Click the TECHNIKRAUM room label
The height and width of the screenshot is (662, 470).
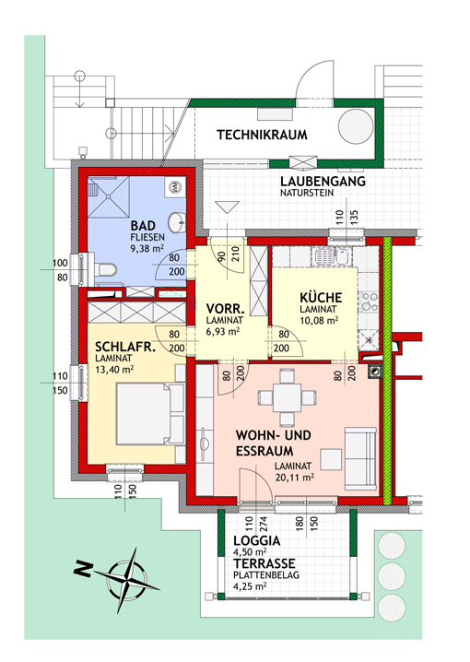tap(262, 136)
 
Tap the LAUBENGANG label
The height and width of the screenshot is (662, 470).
tap(323, 182)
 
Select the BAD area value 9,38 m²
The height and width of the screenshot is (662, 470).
tap(147, 248)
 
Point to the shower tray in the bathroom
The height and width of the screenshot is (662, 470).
tap(109, 196)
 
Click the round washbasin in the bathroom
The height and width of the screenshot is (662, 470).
tap(177, 222)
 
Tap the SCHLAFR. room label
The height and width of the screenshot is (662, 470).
tap(125, 347)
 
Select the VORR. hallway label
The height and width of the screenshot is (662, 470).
tap(225, 308)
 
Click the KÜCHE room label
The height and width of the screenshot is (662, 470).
tap(321, 297)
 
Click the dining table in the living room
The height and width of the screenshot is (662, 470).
tap(287, 397)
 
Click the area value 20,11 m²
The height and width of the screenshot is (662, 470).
tap(295, 478)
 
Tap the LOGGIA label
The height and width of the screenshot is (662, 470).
tap(256, 541)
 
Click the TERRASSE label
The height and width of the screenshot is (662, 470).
tap(264, 563)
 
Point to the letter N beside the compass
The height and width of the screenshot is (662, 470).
tap(83, 570)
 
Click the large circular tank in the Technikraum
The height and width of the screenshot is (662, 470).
tap(356, 126)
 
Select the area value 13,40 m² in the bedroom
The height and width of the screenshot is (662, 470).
tap(114, 370)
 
